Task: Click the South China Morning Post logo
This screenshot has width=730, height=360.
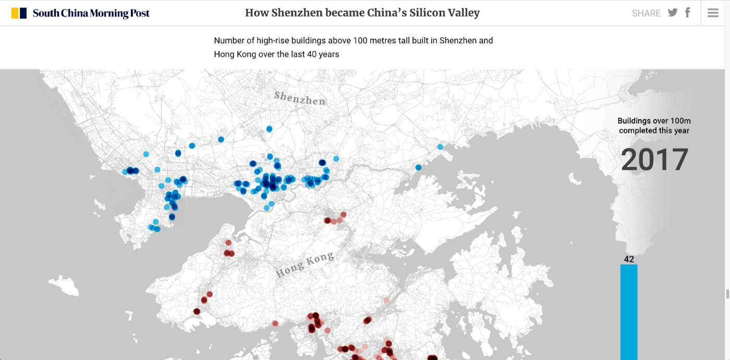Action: (x=81, y=13)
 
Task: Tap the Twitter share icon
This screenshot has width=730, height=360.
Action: (x=673, y=13)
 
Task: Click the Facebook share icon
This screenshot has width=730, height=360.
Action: (x=688, y=13)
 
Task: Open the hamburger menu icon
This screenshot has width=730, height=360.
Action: (x=713, y=13)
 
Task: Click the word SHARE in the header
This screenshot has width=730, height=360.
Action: (x=646, y=14)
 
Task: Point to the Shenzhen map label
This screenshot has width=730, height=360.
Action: (x=299, y=98)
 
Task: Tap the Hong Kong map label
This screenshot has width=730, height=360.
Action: (x=305, y=265)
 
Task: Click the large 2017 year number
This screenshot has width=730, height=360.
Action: (x=654, y=160)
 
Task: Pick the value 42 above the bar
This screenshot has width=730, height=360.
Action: (x=629, y=259)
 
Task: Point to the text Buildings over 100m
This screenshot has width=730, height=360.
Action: (x=654, y=121)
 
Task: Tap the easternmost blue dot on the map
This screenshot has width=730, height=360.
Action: (x=440, y=147)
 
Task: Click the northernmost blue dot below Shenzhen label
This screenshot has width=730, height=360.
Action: (x=269, y=128)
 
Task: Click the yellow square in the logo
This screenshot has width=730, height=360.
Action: (x=15, y=13)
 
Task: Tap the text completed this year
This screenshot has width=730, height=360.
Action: (x=654, y=130)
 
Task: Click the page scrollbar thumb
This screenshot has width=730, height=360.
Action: (x=727, y=294)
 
